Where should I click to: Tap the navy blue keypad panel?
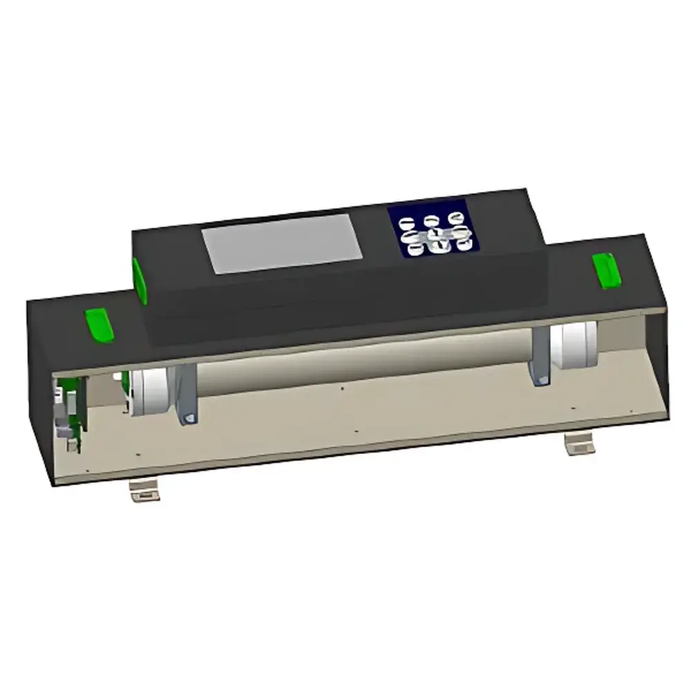433,229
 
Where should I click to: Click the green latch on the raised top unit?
140,281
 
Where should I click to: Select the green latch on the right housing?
606,269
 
